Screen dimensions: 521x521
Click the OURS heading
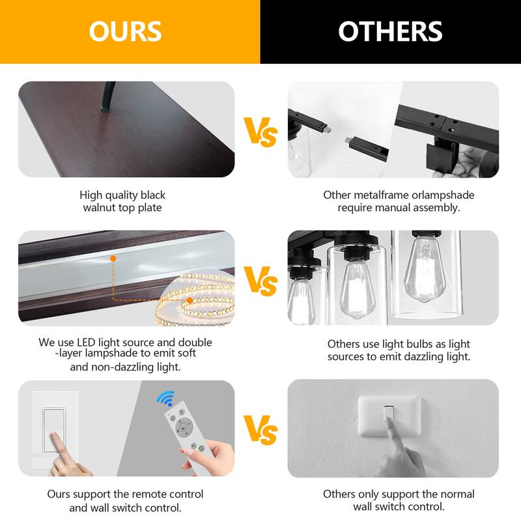click(x=125, y=31)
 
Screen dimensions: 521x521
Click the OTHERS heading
click(x=390, y=31)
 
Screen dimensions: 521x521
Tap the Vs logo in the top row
click(x=260, y=132)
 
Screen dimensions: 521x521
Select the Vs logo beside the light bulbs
click(x=260, y=281)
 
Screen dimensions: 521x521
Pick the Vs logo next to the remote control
click(x=260, y=430)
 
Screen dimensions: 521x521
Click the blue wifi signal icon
click(x=166, y=398)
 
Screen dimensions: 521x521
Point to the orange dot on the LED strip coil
click(x=190, y=300)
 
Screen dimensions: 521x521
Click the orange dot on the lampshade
click(x=113, y=258)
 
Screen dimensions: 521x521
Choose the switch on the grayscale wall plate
click(x=388, y=413)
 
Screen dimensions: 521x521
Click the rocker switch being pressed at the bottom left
click(x=54, y=430)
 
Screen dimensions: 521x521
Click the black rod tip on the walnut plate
click(x=104, y=109)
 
